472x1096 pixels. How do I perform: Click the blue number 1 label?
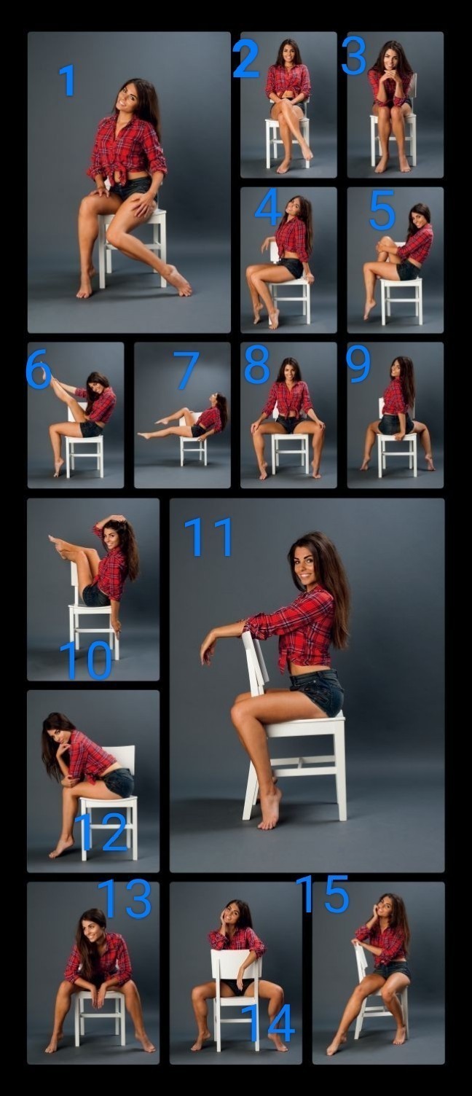68,80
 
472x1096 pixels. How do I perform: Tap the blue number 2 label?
245,59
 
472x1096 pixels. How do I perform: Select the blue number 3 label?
353,56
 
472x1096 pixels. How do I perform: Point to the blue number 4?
267,207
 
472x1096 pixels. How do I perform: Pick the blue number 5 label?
382,211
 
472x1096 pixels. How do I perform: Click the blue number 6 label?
39,369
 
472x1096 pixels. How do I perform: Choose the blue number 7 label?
186,370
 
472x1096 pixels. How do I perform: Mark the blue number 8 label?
257,364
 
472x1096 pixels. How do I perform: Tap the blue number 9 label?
358,364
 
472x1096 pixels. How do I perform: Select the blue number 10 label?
86,660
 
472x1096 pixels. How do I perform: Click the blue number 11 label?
208,537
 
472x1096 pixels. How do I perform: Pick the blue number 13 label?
125,899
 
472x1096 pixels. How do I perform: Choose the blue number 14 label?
269,1022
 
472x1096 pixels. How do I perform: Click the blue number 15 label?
322,894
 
